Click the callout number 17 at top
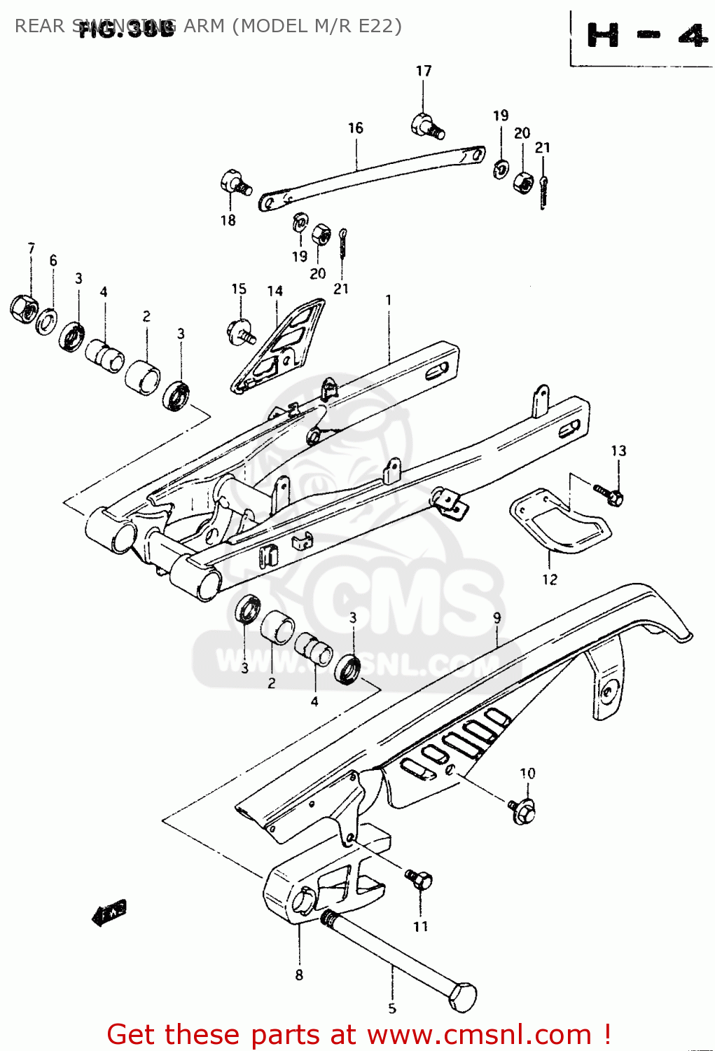424,71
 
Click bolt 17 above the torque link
426,125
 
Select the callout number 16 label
356,128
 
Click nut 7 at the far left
24,308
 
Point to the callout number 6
53,260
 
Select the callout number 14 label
275,290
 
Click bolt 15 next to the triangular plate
241,330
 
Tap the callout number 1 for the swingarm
389,300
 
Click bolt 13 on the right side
609,493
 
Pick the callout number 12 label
550,579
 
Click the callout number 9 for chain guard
497,618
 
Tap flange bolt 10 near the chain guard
523,811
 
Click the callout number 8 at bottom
299,975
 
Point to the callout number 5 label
392,1008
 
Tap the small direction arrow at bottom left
109,912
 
